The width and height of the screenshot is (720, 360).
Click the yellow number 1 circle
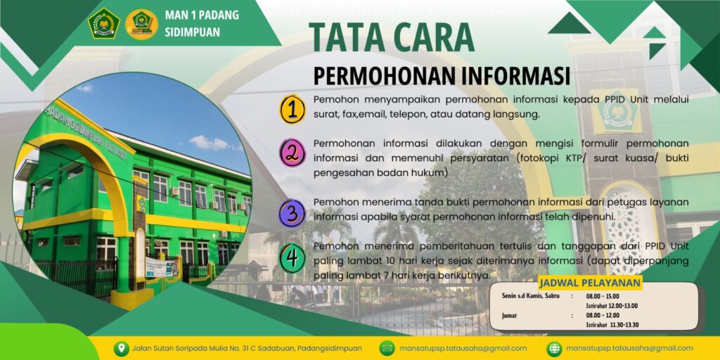292,109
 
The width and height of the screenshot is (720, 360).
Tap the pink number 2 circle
292,153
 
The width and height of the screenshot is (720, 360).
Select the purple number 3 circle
292,212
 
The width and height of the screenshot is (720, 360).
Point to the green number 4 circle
292,259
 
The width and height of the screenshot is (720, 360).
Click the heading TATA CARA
392,38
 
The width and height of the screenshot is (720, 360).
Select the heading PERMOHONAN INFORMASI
442,76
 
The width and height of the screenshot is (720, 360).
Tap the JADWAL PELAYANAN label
590,283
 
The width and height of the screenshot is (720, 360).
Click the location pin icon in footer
121,348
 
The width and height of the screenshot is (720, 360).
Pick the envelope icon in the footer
387,348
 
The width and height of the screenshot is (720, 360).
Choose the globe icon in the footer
554,348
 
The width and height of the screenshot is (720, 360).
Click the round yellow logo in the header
141,24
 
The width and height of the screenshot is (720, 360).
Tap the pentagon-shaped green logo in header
104,23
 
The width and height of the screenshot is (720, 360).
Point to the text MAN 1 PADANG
202,15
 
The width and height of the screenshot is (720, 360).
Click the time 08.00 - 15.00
603,296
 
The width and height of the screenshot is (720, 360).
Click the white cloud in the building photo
210,143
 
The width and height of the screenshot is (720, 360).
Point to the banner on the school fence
162,268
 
